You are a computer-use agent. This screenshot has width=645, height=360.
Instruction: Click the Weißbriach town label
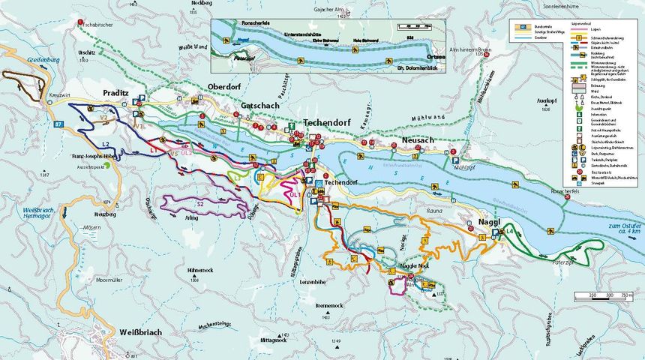[140, 331]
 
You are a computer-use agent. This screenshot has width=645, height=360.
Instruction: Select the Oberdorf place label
[227, 85]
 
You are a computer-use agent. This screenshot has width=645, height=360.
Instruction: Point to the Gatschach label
[260, 106]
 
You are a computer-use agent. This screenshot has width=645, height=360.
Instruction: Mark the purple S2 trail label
[199, 203]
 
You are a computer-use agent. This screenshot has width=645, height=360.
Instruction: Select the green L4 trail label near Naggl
[510, 232]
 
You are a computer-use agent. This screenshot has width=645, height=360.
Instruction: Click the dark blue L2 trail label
[106, 143]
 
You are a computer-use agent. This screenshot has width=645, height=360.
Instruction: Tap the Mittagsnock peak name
[273, 340]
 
